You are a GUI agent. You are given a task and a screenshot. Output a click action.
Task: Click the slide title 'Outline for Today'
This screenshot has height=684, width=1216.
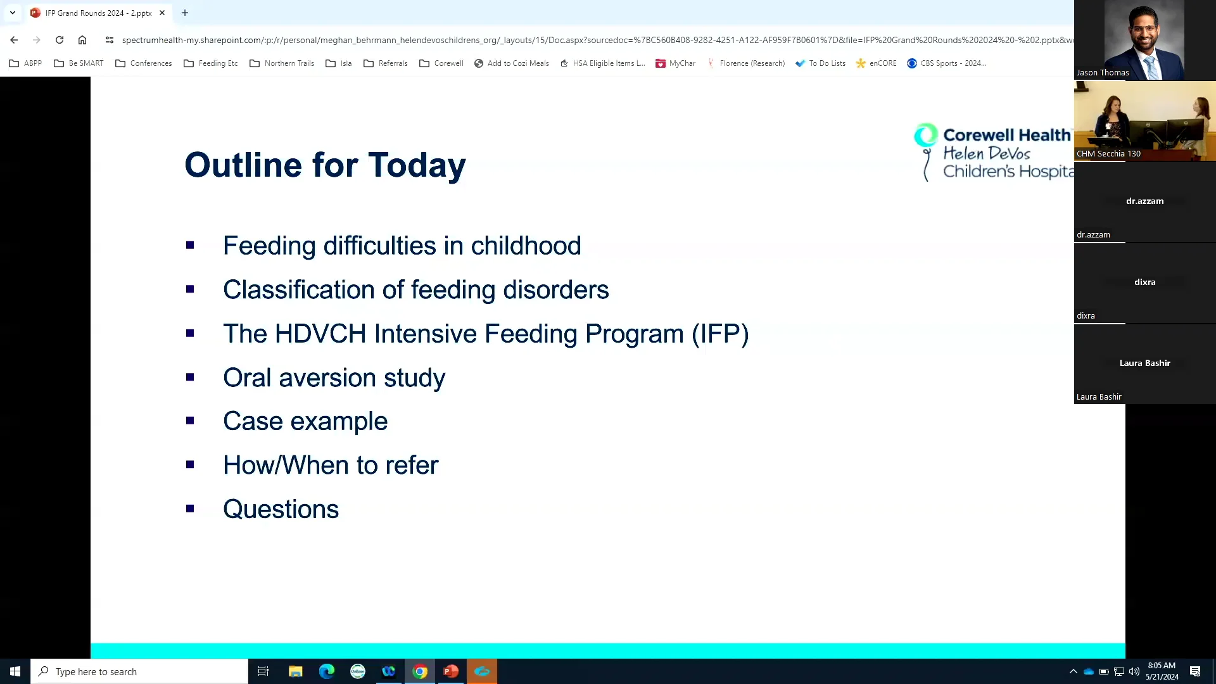pos(325,165)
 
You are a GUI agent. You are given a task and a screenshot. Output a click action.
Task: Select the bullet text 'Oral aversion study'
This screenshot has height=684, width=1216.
pos(334,378)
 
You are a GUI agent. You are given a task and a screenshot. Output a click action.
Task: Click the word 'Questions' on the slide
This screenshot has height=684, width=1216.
pos(281,509)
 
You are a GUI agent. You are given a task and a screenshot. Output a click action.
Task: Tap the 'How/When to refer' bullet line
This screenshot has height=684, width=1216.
pos(330,465)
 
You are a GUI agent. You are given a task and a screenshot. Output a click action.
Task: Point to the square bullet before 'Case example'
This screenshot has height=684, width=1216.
pos(190,421)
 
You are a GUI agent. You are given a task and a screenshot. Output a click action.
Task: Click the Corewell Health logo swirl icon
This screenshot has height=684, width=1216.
pos(925,135)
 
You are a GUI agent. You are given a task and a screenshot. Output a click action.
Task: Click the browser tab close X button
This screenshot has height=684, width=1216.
pos(162,13)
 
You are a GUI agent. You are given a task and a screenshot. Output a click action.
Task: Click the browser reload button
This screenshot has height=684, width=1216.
pos(60,40)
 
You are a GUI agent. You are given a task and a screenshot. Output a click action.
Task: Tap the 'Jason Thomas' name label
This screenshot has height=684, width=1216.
pos(1103,73)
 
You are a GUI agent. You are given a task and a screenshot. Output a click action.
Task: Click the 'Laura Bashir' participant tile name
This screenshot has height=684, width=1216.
pos(1144,363)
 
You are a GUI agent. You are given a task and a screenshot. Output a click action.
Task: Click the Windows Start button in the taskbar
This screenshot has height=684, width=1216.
pos(15,671)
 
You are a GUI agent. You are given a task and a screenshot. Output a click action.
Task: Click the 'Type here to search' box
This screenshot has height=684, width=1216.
pos(139,671)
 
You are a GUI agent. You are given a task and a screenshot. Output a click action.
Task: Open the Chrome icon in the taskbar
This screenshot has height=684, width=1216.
pos(420,671)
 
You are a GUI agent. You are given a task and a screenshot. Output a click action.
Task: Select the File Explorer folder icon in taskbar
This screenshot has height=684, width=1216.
pos(295,671)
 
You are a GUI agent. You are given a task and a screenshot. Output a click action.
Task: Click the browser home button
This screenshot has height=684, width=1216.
pos(82,40)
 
